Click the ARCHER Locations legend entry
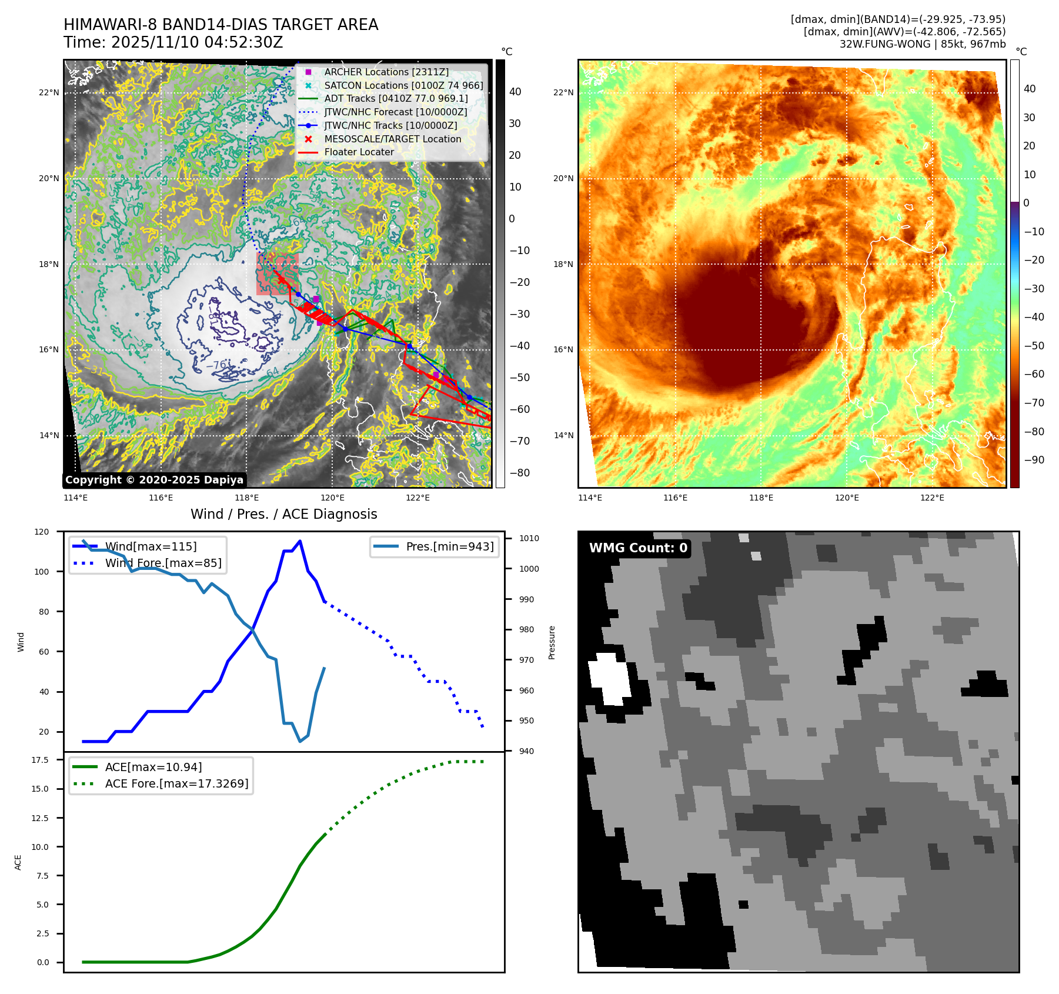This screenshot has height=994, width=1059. (x=386, y=72)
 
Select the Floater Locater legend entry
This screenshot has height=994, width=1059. (x=359, y=152)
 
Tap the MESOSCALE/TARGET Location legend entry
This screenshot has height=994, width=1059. (x=392, y=139)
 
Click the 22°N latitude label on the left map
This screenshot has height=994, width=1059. (x=49, y=92)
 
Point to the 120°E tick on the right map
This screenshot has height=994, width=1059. (x=847, y=498)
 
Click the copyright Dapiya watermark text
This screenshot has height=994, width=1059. (x=154, y=480)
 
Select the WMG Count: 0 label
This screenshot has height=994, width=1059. (x=638, y=548)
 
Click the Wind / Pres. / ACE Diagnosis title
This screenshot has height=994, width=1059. (x=283, y=514)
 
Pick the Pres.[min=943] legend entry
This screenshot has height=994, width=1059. (x=450, y=546)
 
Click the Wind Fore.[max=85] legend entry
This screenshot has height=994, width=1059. (x=163, y=563)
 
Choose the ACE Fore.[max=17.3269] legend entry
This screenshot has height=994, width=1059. (x=176, y=783)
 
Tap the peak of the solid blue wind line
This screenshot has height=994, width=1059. (x=300, y=541)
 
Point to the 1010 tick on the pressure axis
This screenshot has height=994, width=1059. (x=529, y=538)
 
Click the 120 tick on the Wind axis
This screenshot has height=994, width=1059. (x=42, y=532)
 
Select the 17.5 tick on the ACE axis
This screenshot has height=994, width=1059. (x=40, y=760)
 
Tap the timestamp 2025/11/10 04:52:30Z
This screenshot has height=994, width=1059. (x=197, y=42)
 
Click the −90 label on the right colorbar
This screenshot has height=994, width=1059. (x=1034, y=460)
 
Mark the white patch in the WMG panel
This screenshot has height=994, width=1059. (x=609, y=678)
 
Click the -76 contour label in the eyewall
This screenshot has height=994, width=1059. (x=217, y=365)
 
